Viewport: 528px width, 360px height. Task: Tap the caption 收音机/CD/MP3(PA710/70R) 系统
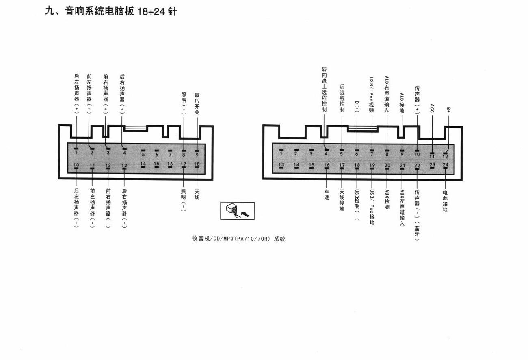238,239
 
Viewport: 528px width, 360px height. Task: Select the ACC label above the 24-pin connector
432,108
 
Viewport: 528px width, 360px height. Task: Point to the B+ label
448,110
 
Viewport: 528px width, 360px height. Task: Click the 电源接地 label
445,201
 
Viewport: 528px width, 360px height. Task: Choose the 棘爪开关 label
197,103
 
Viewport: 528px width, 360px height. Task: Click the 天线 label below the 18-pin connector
197,194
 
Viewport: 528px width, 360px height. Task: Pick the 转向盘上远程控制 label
325,89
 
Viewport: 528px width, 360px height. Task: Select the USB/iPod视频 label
372,95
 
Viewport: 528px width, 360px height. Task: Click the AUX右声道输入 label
387,94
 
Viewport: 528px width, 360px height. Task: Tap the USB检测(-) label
357,205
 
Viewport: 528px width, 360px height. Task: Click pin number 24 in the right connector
445,165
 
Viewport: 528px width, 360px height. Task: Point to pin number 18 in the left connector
197,164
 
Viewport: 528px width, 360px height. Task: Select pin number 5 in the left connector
143,155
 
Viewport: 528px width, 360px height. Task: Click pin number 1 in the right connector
281,153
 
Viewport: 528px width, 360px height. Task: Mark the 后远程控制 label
342,98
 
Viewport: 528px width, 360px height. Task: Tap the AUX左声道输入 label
402,207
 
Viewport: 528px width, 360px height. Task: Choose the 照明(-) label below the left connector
184,200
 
